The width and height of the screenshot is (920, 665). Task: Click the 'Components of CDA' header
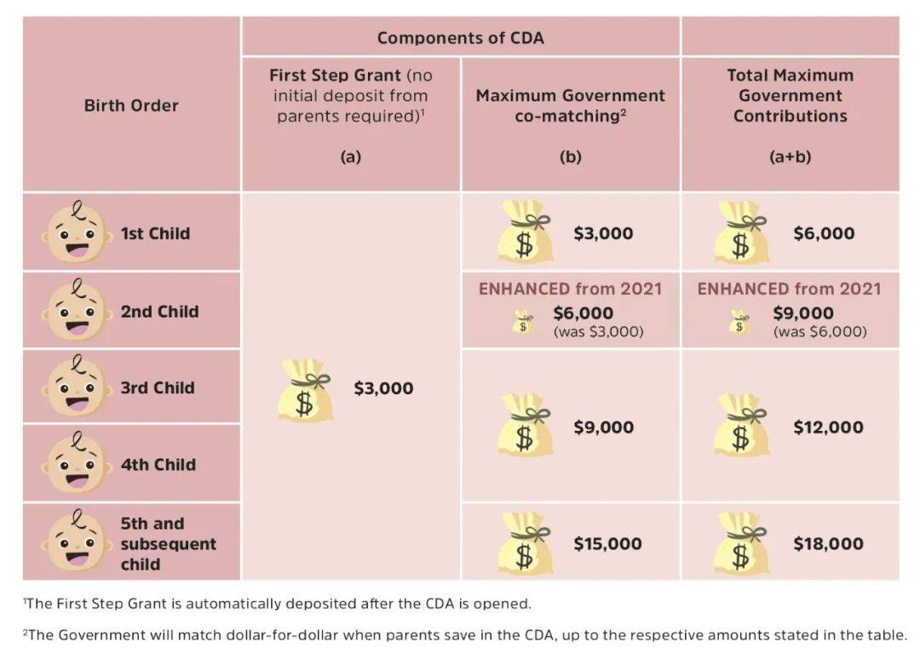(x=460, y=37)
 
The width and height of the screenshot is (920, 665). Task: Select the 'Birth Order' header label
(x=131, y=106)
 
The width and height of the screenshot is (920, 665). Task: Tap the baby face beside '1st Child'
(x=77, y=232)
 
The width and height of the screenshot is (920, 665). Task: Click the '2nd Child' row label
(x=159, y=311)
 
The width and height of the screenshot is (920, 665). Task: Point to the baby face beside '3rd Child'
(x=77, y=387)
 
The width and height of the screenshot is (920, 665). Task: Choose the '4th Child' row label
(x=158, y=464)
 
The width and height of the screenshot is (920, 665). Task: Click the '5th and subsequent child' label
(x=168, y=543)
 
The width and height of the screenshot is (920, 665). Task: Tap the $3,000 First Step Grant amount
(x=383, y=388)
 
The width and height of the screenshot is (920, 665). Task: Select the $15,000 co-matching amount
(x=607, y=543)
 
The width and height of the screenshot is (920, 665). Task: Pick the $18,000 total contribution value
(x=828, y=543)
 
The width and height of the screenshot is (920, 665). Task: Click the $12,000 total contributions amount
(x=828, y=427)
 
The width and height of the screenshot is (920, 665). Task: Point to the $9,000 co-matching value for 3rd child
(x=603, y=427)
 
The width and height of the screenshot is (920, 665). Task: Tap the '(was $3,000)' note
(x=598, y=331)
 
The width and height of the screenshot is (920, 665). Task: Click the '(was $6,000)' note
(x=819, y=331)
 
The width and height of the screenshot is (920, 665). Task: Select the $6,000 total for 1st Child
(x=823, y=232)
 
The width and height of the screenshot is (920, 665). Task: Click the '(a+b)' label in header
(x=790, y=157)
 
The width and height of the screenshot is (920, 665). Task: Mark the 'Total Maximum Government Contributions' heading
(x=790, y=95)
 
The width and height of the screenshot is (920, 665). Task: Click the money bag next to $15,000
(x=526, y=543)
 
